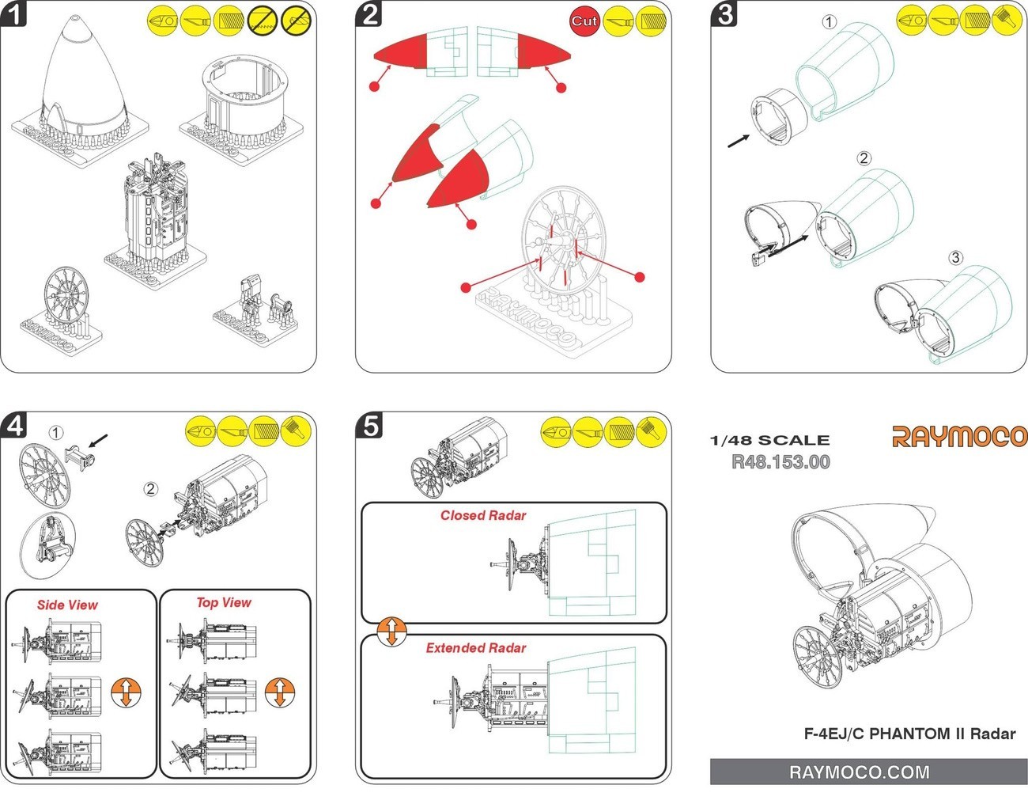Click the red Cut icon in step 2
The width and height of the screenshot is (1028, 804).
tap(584, 21)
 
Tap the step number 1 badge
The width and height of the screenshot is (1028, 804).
tap(14, 14)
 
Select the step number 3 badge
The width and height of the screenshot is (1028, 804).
tap(725, 14)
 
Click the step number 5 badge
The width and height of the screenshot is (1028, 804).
tap(369, 426)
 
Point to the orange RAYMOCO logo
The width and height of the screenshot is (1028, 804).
tap(959, 436)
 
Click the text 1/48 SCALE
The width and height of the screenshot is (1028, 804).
tap(769, 441)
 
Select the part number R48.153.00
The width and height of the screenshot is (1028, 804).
tap(780, 462)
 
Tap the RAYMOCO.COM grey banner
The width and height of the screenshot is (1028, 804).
tap(867, 772)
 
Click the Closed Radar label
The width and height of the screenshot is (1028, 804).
tap(483, 515)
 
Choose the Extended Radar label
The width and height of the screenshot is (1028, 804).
tap(476, 648)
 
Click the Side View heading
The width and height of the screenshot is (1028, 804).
tap(67, 605)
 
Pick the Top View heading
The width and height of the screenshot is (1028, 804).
tap(224, 602)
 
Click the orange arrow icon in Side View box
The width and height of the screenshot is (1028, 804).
tap(126, 692)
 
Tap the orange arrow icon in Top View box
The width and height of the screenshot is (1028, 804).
tap(279, 692)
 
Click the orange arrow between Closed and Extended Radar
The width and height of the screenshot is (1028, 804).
tap(391, 631)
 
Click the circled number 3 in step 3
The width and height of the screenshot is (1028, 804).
tap(956, 258)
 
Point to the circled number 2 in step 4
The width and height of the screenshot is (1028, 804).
tap(151, 488)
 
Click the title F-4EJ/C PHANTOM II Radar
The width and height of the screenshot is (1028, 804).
tap(909, 734)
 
